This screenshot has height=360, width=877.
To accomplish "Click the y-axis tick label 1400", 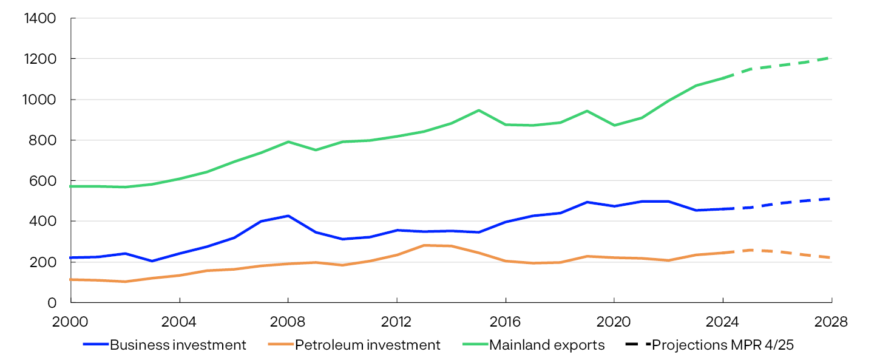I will coord(40,19).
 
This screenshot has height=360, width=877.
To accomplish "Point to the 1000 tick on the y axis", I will coord(40,100).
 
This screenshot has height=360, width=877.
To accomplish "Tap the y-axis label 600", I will coord(44,181).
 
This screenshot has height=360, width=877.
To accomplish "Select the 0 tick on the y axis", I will coord(52,302).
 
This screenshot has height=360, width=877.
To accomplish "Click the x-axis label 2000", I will coord(70,321).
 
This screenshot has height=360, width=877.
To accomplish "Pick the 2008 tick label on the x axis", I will coord(288,321).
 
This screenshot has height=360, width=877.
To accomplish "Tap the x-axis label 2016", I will coord(505,321).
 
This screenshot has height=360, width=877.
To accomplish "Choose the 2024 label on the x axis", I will coord(722,321).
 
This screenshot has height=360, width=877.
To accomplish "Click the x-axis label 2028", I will coord(831,321).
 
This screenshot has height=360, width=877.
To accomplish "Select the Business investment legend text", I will coord(178,345).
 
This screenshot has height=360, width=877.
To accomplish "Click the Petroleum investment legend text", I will coord(367,345).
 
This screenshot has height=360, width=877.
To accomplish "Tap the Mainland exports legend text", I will coord(547,345).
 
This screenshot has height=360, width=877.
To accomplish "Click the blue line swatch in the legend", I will coord(95,345).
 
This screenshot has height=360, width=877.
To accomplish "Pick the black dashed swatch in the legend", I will coord(637,345).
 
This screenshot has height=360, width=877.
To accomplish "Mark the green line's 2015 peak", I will coord(478,110).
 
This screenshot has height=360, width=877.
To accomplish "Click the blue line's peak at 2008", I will coord(288,216).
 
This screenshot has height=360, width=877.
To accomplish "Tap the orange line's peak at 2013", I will coord(424,245).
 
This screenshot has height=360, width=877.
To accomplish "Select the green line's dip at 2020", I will coord(614,125).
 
